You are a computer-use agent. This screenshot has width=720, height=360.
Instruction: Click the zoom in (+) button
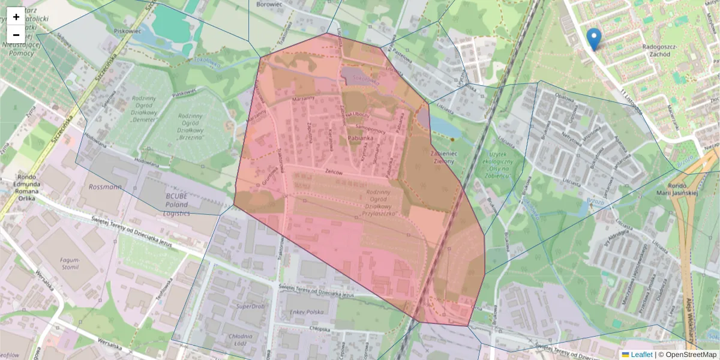pos(16,17)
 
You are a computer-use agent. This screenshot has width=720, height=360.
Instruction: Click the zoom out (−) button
pos(16,35)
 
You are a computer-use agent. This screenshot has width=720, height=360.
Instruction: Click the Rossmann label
pos(104,187)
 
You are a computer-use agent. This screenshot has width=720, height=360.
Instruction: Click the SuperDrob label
pos(251,306)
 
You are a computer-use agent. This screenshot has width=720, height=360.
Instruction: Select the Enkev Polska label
pos(306,313)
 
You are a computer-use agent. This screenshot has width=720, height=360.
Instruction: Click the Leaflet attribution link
pos(641,355)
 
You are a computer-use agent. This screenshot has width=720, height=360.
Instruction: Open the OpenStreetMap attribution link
pos(691,355)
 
